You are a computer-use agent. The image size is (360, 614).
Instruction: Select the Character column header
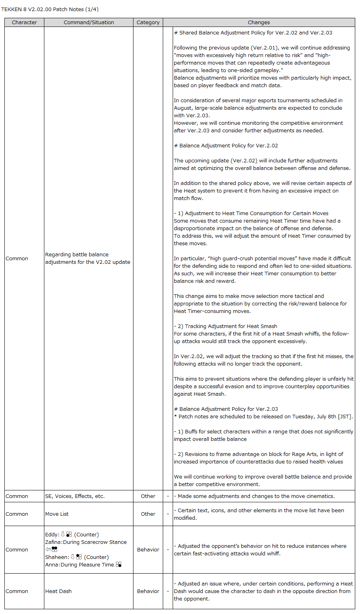click(x=24, y=23)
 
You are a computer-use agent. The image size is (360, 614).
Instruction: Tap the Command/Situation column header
click(x=89, y=23)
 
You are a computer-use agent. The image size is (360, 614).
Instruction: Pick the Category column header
click(x=148, y=23)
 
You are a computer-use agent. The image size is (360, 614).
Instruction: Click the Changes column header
click(x=259, y=23)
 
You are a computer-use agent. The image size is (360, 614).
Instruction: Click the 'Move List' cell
click(x=57, y=514)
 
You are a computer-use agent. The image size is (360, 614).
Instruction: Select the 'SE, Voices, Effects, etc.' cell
click(x=75, y=496)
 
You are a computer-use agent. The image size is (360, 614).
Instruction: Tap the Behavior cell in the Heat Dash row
click(x=148, y=591)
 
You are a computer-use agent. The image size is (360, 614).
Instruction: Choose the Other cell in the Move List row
click(x=148, y=514)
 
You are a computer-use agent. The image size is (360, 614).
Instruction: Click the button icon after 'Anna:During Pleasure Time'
click(x=118, y=564)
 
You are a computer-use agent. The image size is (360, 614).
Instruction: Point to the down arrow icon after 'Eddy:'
click(x=63, y=534)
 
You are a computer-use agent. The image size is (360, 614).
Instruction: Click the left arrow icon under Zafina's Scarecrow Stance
click(x=48, y=549)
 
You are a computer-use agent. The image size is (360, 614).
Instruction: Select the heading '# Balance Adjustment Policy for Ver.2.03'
click(x=226, y=409)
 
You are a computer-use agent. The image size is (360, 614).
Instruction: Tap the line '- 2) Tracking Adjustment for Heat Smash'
click(x=225, y=326)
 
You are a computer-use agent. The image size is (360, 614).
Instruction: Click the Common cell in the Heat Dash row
click(x=17, y=591)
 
